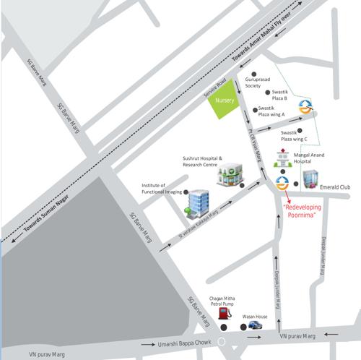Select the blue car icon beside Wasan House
[x=254, y=326]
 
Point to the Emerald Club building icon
[x=310, y=177]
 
